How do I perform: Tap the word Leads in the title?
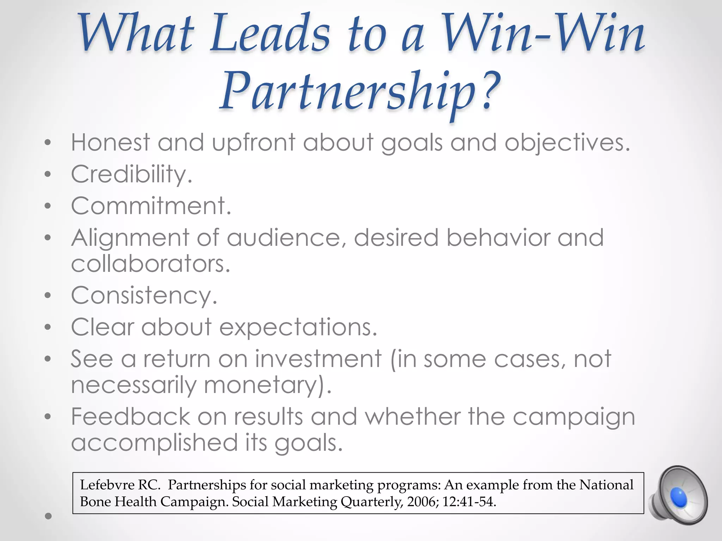click(270, 35)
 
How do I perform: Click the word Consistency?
click(144, 295)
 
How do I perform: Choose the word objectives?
click(567, 143)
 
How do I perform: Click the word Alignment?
click(130, 238)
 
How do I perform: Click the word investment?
click(318, 359)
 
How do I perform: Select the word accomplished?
click(154, 443)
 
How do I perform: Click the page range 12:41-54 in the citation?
click(469, 502)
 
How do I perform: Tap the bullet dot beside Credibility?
click(48, 174)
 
